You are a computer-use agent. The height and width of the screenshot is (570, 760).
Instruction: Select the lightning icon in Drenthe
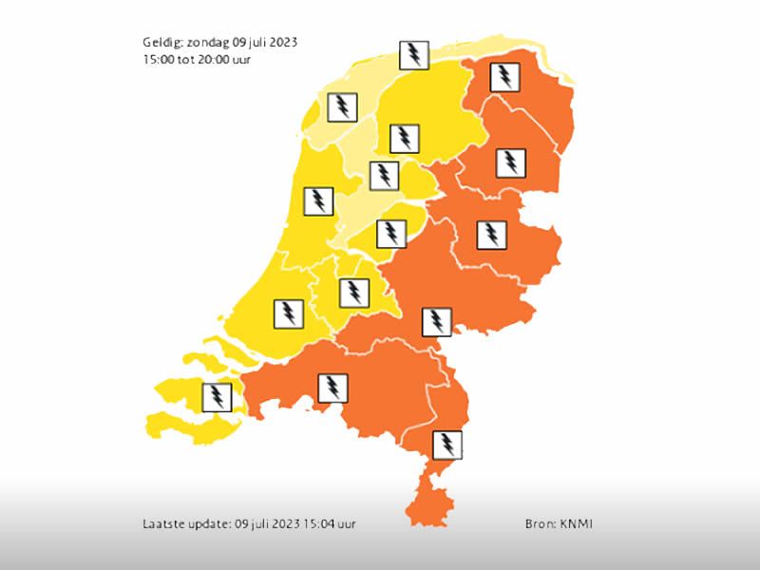point(512,163)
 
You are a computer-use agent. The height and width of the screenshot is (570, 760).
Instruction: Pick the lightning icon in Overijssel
point(490,234)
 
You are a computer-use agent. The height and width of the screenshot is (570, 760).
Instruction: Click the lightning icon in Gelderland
point(436,322)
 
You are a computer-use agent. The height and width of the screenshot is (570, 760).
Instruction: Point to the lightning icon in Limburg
point(446,444)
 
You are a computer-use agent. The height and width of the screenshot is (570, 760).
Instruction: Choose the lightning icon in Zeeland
point(218,395)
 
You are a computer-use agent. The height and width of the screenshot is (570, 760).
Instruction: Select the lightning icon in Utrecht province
point(354,293)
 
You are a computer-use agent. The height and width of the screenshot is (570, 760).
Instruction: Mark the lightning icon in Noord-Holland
point(317,201)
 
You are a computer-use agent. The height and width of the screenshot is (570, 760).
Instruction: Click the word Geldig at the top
point(160,43)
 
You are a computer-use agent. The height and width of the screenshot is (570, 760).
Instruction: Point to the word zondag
point(208,43)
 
